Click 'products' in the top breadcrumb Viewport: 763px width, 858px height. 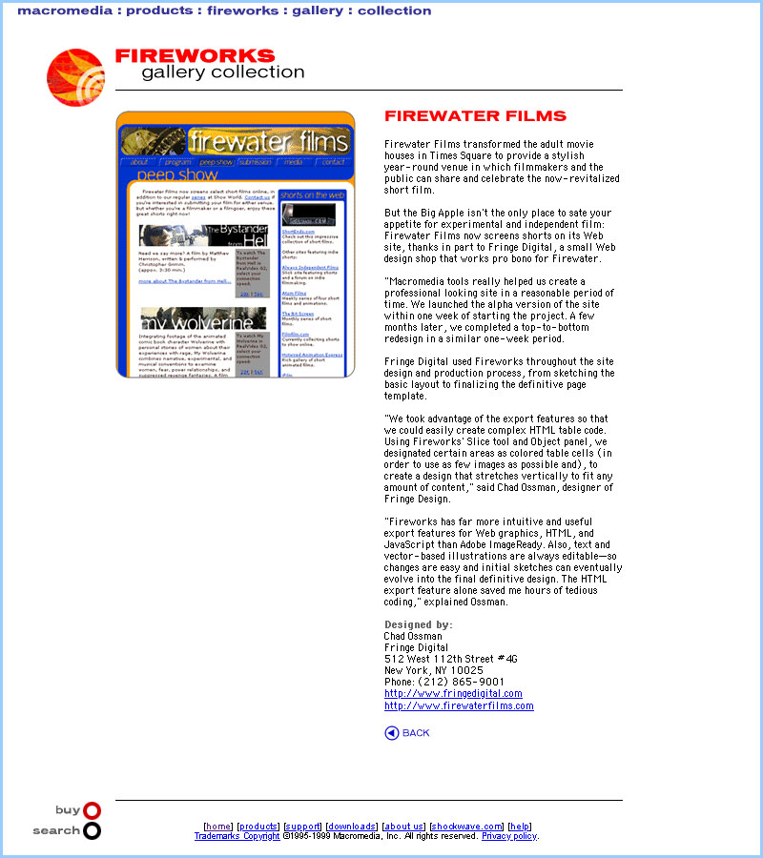click(160, 10)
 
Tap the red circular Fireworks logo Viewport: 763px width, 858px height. click(75, 77)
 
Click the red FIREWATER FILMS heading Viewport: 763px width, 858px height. click(475, 116)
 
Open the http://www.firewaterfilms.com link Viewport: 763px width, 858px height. click(459, 705)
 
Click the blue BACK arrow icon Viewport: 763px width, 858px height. click(391, 732)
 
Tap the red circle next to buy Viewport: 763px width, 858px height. click(92, 810)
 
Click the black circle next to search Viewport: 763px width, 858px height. click(92, 830)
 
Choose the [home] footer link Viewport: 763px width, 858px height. click(218, 827)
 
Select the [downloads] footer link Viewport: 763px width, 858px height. click(351, 827)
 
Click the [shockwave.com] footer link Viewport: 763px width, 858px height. click(466, 827)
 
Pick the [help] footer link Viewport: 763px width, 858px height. click(520, 827)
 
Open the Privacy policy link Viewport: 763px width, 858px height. click(509, 836)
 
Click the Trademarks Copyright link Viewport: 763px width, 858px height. click(237, 836)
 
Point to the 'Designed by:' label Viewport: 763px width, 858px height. click(419, 624)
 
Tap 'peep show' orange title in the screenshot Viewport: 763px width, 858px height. click(177, 175)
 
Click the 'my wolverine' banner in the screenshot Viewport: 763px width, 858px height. click(203, 318)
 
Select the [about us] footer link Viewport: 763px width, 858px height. click(403, 827)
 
